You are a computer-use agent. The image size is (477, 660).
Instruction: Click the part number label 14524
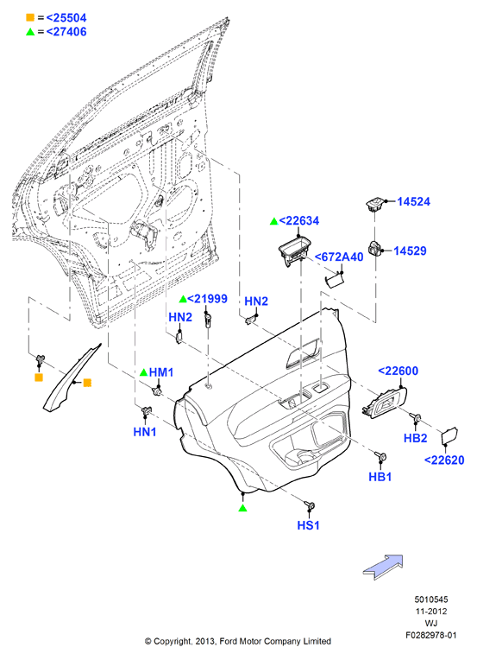413,201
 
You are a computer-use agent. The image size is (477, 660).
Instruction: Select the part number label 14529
410,251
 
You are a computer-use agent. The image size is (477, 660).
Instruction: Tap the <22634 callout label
298,220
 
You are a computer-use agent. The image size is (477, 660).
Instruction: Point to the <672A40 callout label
339,257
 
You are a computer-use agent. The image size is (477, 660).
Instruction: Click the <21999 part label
207,299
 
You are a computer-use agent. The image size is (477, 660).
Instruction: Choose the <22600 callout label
398,371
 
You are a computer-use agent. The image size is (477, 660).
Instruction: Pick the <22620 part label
444,460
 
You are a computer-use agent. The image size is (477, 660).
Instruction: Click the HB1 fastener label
380,477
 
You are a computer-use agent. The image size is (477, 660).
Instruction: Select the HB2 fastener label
415,438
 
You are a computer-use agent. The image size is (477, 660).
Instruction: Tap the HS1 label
309,525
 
